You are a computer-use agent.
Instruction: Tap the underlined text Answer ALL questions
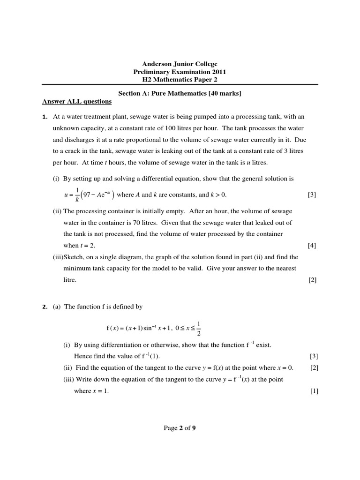click(x=77, y=102)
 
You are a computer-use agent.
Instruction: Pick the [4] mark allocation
click(x=312, y=246)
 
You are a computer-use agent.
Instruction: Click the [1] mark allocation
click(x=314, y=391)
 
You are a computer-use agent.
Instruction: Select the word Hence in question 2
click(x=82, y=356)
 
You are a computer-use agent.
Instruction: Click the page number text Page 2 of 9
click(x=180, y=427)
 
